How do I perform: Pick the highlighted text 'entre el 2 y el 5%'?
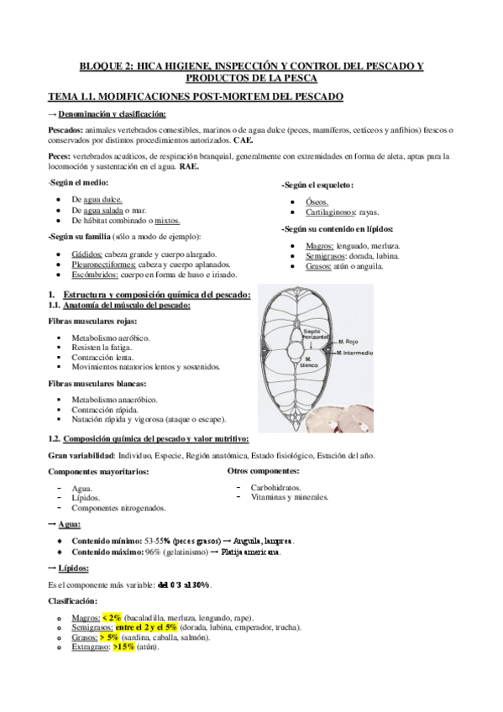point(146,627)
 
